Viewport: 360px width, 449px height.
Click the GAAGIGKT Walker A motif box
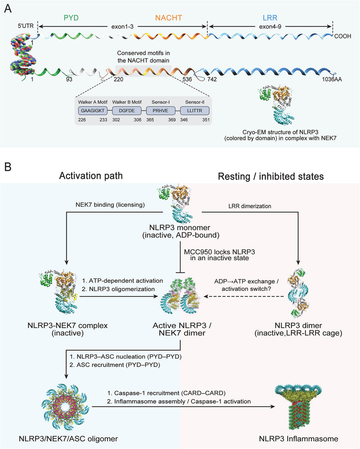(93, 110)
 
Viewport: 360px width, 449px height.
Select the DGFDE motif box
(127, 110)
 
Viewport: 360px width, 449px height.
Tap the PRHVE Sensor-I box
(161, 110)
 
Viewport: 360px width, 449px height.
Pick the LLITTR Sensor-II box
(194, 110)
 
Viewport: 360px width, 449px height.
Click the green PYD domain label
(71, 18)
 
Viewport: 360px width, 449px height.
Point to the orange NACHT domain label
(169, 18)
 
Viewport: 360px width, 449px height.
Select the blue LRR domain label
(270, 18)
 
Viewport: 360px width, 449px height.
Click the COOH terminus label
(343, 36)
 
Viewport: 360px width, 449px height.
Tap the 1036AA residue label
(332, 79)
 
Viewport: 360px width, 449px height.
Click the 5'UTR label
(26, 26)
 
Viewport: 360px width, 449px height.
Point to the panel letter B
(8, 167)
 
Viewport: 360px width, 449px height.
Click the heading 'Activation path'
(91, 175)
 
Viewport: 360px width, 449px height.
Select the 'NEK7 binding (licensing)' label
(110, 204)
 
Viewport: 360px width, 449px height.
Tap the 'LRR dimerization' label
(249, 206)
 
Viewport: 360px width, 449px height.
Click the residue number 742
(212, 79)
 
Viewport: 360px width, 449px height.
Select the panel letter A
(8, 9)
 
